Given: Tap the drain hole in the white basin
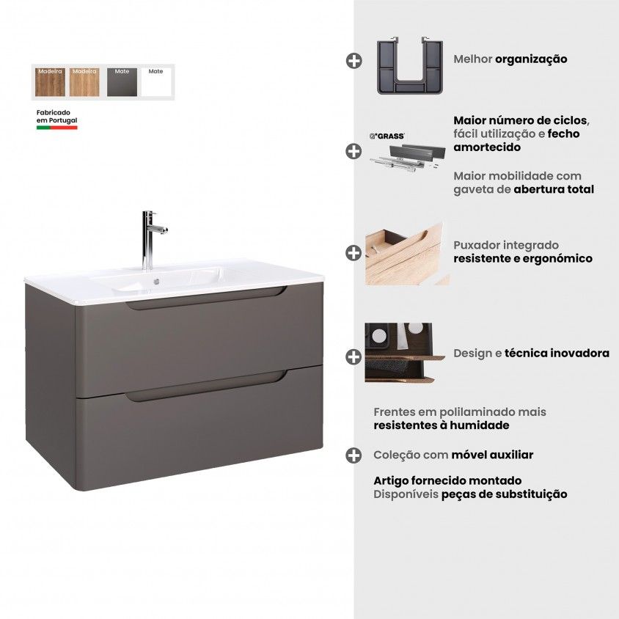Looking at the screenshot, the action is coord(156,282).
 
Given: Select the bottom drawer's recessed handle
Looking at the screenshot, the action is coord(205,387).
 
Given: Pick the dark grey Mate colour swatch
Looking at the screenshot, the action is coord(122,82).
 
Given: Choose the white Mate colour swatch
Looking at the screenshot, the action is coord(156,82).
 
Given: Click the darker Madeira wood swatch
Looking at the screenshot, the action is coord(50,82).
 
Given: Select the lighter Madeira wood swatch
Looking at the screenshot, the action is coord(84,82).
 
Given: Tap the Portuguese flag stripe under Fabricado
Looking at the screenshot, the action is coord(57,128).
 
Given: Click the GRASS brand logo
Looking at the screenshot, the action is coord(387,136).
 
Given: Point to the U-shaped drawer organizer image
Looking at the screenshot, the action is coord(410,65).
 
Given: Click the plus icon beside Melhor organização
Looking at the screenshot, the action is coord(354,61).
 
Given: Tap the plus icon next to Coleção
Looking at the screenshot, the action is coord(354,455).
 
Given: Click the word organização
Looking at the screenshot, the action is coord(531,59).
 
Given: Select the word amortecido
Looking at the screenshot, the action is coord(487,147).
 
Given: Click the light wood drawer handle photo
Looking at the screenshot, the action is coord(406,254).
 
